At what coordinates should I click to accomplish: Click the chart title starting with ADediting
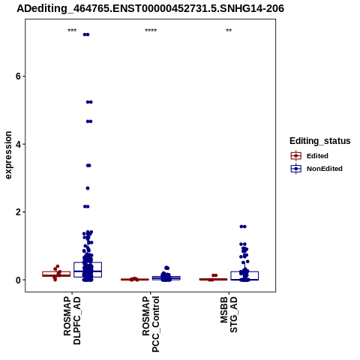pyautogui.click(x=150, y=8)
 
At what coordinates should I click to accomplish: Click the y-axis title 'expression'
pyautogui.click(x=8, y=155)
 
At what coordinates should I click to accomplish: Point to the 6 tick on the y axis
pyautogui.click(x=18, y=76)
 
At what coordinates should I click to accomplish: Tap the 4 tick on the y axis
pyautogui.click(x=18, y=144)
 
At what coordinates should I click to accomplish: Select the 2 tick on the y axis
pyautogui.click(x=18, y=212)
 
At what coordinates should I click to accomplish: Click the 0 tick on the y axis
pyautogui.click(x=18, y=280)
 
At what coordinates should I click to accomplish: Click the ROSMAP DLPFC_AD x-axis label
pyautogui.click(x=72, y=321)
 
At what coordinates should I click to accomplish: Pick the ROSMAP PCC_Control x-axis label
pyautogui.click(x=151, y=324)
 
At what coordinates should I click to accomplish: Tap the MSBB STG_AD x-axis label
pyautogui.click(x=229, y=314)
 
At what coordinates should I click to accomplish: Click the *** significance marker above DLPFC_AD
pyautogui.click(x=72, y=31)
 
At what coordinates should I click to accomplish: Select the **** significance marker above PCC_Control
pyautogui.click(x=151, y=31)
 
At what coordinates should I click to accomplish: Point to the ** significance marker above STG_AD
pyautogui.click(x=229, y=31)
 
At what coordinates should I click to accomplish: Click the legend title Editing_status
pyautogui.click(x=320, y=141)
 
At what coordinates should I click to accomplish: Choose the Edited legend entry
pyautogui.click(x=310, y=156)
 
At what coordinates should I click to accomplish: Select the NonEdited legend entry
pyautogui.click(x=316, y=169)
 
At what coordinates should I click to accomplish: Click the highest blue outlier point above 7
pyautogui.click(x=86, y=34)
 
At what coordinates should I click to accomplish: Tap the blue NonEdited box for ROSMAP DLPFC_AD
pyautogui.click(x=88, y=269)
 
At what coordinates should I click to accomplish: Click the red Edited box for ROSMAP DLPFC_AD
pyautogui.click(x=56, y=274)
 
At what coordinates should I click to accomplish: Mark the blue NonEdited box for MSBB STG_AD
pyautogui.click(x=244, y=275)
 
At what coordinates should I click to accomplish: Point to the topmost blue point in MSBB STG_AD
pyautogui.click(x=243, y=226)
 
